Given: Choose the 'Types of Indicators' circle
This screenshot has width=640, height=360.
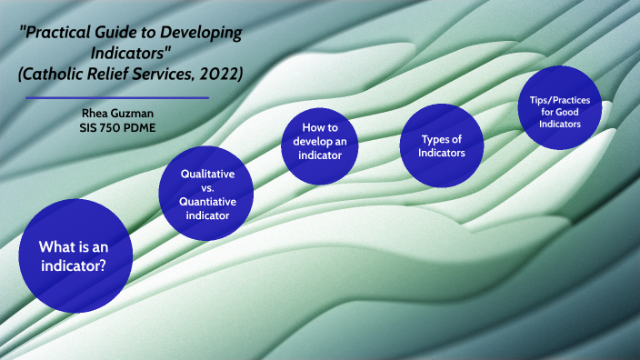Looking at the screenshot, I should click(x=442, y=145).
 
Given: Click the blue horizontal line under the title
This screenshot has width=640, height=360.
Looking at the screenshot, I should click(x=117, y=97).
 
